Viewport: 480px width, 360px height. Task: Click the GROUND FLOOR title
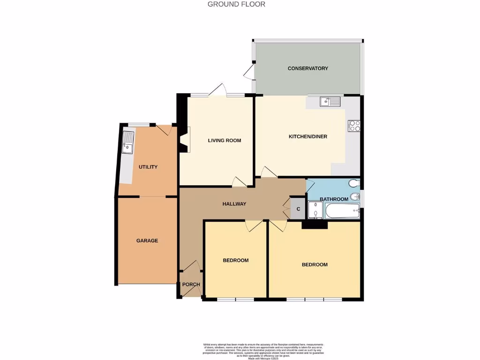[237, 4]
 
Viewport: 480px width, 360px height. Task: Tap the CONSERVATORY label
[307, 68]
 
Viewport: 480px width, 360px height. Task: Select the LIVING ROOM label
[225, 140]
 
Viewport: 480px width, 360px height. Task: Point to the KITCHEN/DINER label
[307, 137]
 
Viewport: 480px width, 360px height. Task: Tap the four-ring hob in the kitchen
[354, 126]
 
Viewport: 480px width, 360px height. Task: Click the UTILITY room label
[148, 167]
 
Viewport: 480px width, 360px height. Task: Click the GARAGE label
[147, 240]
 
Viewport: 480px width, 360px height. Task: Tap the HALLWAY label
[234, 204]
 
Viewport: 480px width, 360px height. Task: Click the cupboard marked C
[297, 208]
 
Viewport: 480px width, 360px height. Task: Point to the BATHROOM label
[334, 199]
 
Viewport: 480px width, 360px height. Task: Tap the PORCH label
[191, 285]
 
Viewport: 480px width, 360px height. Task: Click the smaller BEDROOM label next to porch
[235, 260]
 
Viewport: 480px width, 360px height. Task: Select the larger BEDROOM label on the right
[314, 264]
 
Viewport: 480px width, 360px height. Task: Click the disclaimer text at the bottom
[263, 351]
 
